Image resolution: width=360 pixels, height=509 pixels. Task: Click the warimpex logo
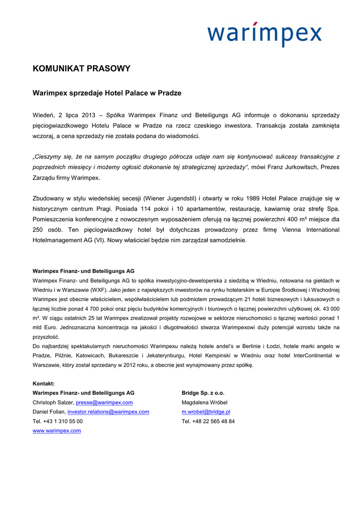point(265,33)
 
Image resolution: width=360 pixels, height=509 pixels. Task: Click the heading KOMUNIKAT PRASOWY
point(82,69)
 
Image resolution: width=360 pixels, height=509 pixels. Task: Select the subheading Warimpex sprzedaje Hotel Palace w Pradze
point(107,93)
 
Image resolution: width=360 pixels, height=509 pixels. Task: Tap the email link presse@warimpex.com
point(104,402)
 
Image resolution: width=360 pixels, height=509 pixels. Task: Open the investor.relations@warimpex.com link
point(108,412)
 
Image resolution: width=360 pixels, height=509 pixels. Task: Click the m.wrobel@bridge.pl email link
point(206,412)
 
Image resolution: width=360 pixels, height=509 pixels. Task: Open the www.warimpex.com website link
point(57,430)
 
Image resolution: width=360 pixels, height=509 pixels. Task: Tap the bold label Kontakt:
point(44,383)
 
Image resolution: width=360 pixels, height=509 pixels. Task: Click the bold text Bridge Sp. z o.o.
point(203,393)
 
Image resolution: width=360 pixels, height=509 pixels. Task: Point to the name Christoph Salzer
point(53,402)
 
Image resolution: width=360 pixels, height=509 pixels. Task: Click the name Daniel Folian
point(49,412)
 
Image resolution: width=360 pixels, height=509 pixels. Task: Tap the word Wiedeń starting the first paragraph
point(44,115)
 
